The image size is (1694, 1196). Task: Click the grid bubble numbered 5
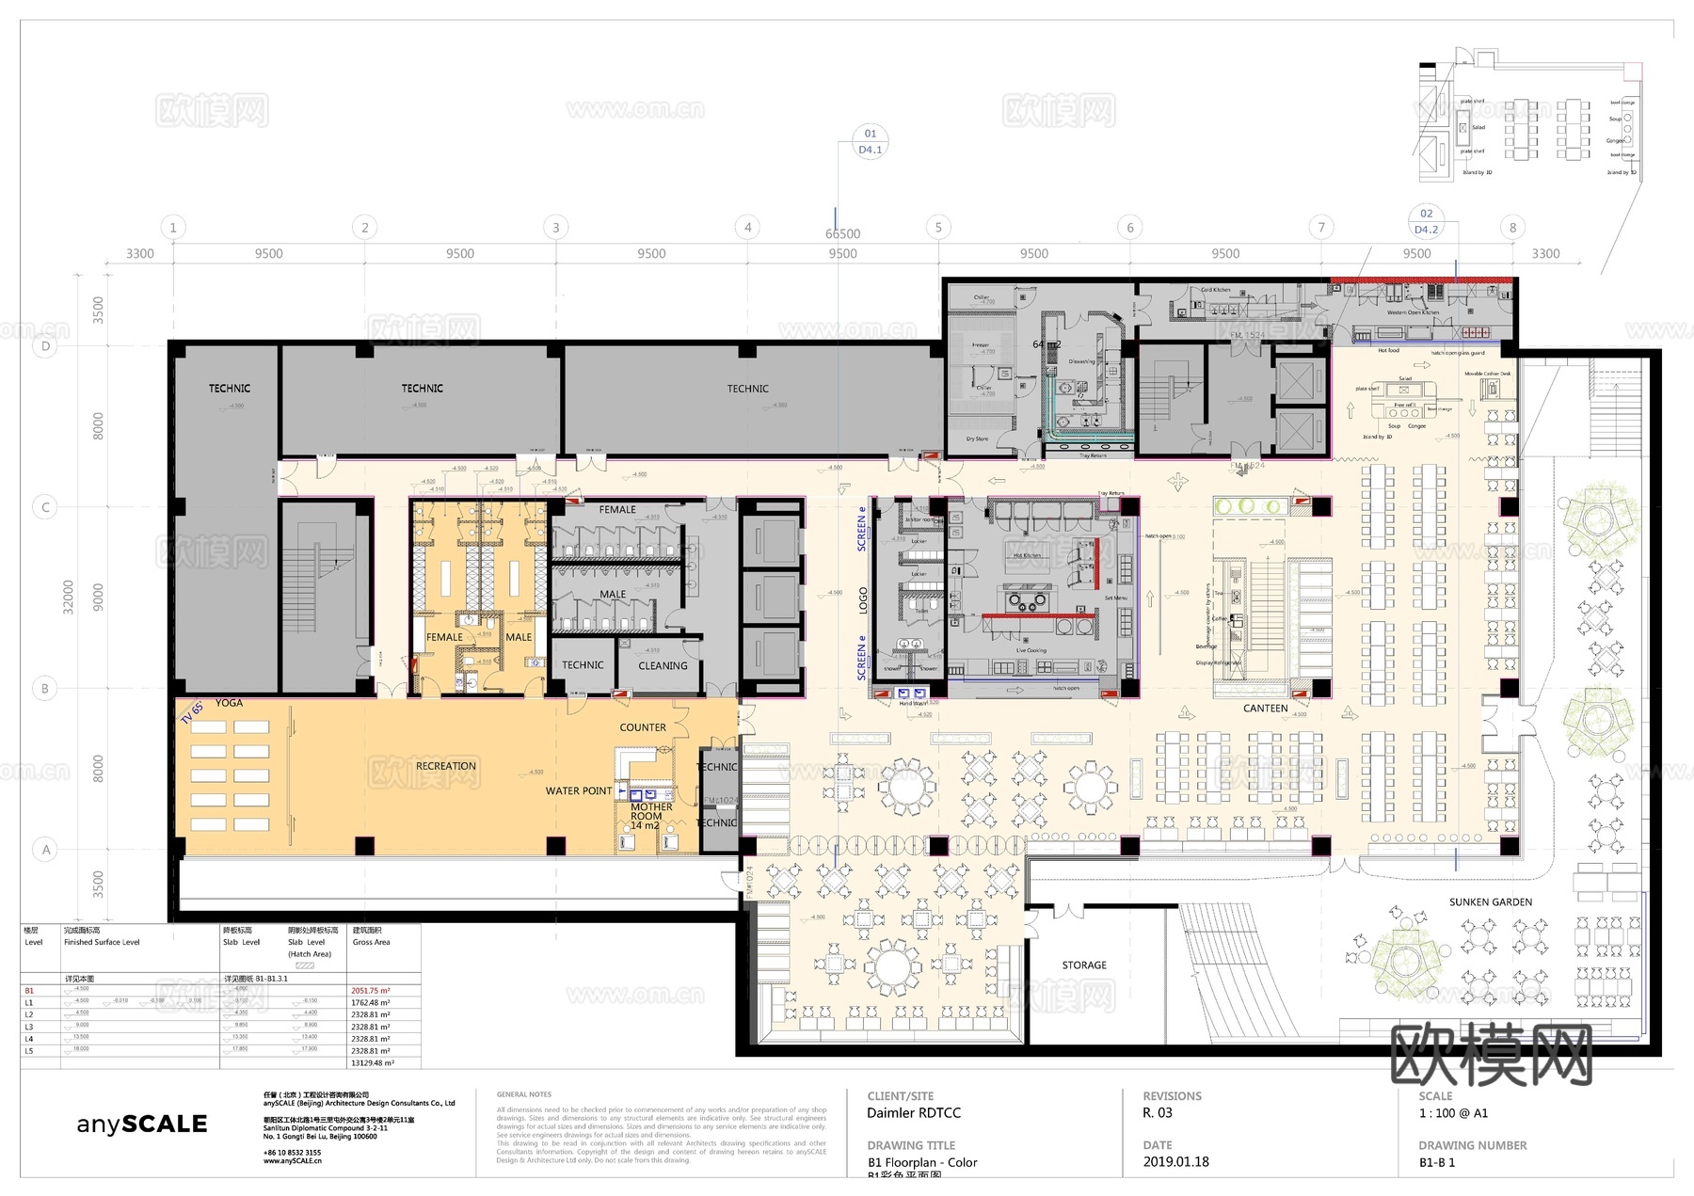tap(937, 227)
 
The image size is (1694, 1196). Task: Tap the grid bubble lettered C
tap(45, 507)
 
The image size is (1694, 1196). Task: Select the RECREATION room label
tap(446, 766)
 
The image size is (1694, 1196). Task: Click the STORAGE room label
tap(1084, 965)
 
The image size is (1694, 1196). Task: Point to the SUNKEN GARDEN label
tap(1491, 902)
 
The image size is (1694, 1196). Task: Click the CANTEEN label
tap(1265, 709)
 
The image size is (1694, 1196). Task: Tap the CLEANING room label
tap(663, 666)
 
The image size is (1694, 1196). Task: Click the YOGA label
tap(229, 703)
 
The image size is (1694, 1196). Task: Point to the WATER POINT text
tap(578, 791)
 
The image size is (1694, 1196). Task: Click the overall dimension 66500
tap(842, 234)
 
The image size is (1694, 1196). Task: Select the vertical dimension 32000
tap(68, 598)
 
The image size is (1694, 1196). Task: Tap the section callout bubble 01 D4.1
tap(870, 141)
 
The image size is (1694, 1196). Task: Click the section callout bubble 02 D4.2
tap(1426, 221)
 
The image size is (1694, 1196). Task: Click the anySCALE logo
tap(141, 1124)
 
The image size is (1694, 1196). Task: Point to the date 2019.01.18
tap(1175, 1162)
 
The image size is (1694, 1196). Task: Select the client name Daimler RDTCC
tap(913, 1113)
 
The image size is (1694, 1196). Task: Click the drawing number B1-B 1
tap(1437, 1163)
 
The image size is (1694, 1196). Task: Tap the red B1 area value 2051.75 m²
tap(370, 991)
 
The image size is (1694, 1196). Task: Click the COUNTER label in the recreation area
tap(643, 728)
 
